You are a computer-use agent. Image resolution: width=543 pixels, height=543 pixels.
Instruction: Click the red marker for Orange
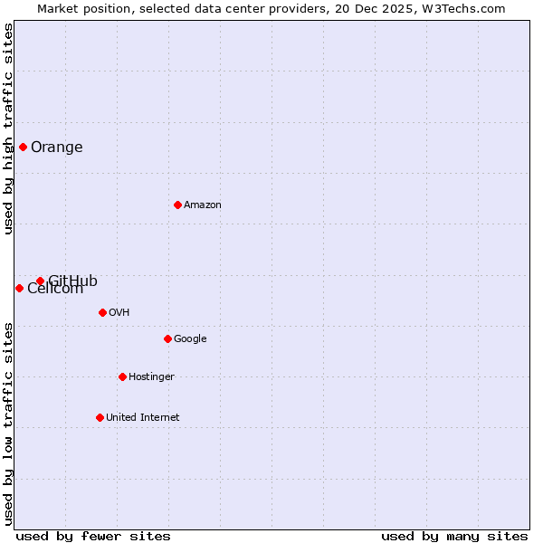[23, 147]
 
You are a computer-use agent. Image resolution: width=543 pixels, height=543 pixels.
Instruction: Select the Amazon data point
[177, 205]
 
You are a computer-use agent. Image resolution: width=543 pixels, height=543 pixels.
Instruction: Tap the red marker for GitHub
[40, 281]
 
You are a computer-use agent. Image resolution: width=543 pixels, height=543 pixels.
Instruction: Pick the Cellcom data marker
[19, 288]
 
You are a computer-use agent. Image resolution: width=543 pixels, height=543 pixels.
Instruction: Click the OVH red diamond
[102, 312]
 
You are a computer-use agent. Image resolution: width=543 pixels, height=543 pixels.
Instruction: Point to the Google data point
[167, 338]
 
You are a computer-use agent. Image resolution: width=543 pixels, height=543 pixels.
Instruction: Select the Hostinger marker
[122, 376]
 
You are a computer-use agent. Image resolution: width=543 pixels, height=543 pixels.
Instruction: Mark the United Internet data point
[100, 417]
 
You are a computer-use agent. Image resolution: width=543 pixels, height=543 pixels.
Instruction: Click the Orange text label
[56, 148]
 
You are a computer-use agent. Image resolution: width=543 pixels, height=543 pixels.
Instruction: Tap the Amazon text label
[203, 205]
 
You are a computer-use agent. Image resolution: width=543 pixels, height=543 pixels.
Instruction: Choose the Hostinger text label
[151, 377]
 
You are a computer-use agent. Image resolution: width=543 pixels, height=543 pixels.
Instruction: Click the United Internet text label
[143, 418]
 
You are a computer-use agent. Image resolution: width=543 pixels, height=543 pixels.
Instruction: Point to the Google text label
[190, 339]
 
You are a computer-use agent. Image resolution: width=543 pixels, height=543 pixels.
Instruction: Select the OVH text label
[119, 313]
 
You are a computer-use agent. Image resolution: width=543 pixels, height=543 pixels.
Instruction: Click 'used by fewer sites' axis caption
[93, 536]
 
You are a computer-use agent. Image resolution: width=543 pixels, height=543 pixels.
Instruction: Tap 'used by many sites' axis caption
[454, 536]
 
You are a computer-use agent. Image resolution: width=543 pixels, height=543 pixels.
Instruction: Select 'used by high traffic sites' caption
[8, 129]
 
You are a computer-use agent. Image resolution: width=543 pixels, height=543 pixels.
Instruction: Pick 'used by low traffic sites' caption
[8, 424]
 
